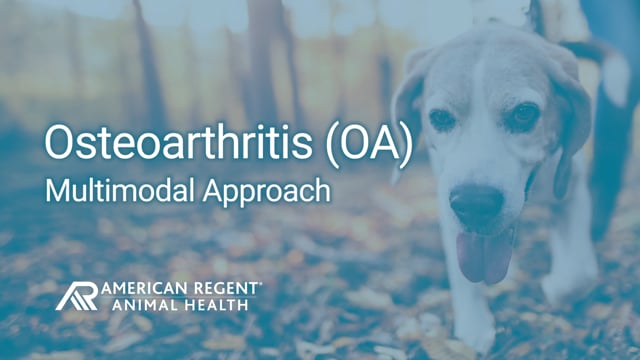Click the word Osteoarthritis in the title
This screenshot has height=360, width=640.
click(169, 143)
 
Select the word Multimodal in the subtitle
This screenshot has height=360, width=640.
click(110, 190)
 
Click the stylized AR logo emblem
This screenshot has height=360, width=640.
click(77, 295)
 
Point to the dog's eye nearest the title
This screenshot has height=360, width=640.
click(440, 119)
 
